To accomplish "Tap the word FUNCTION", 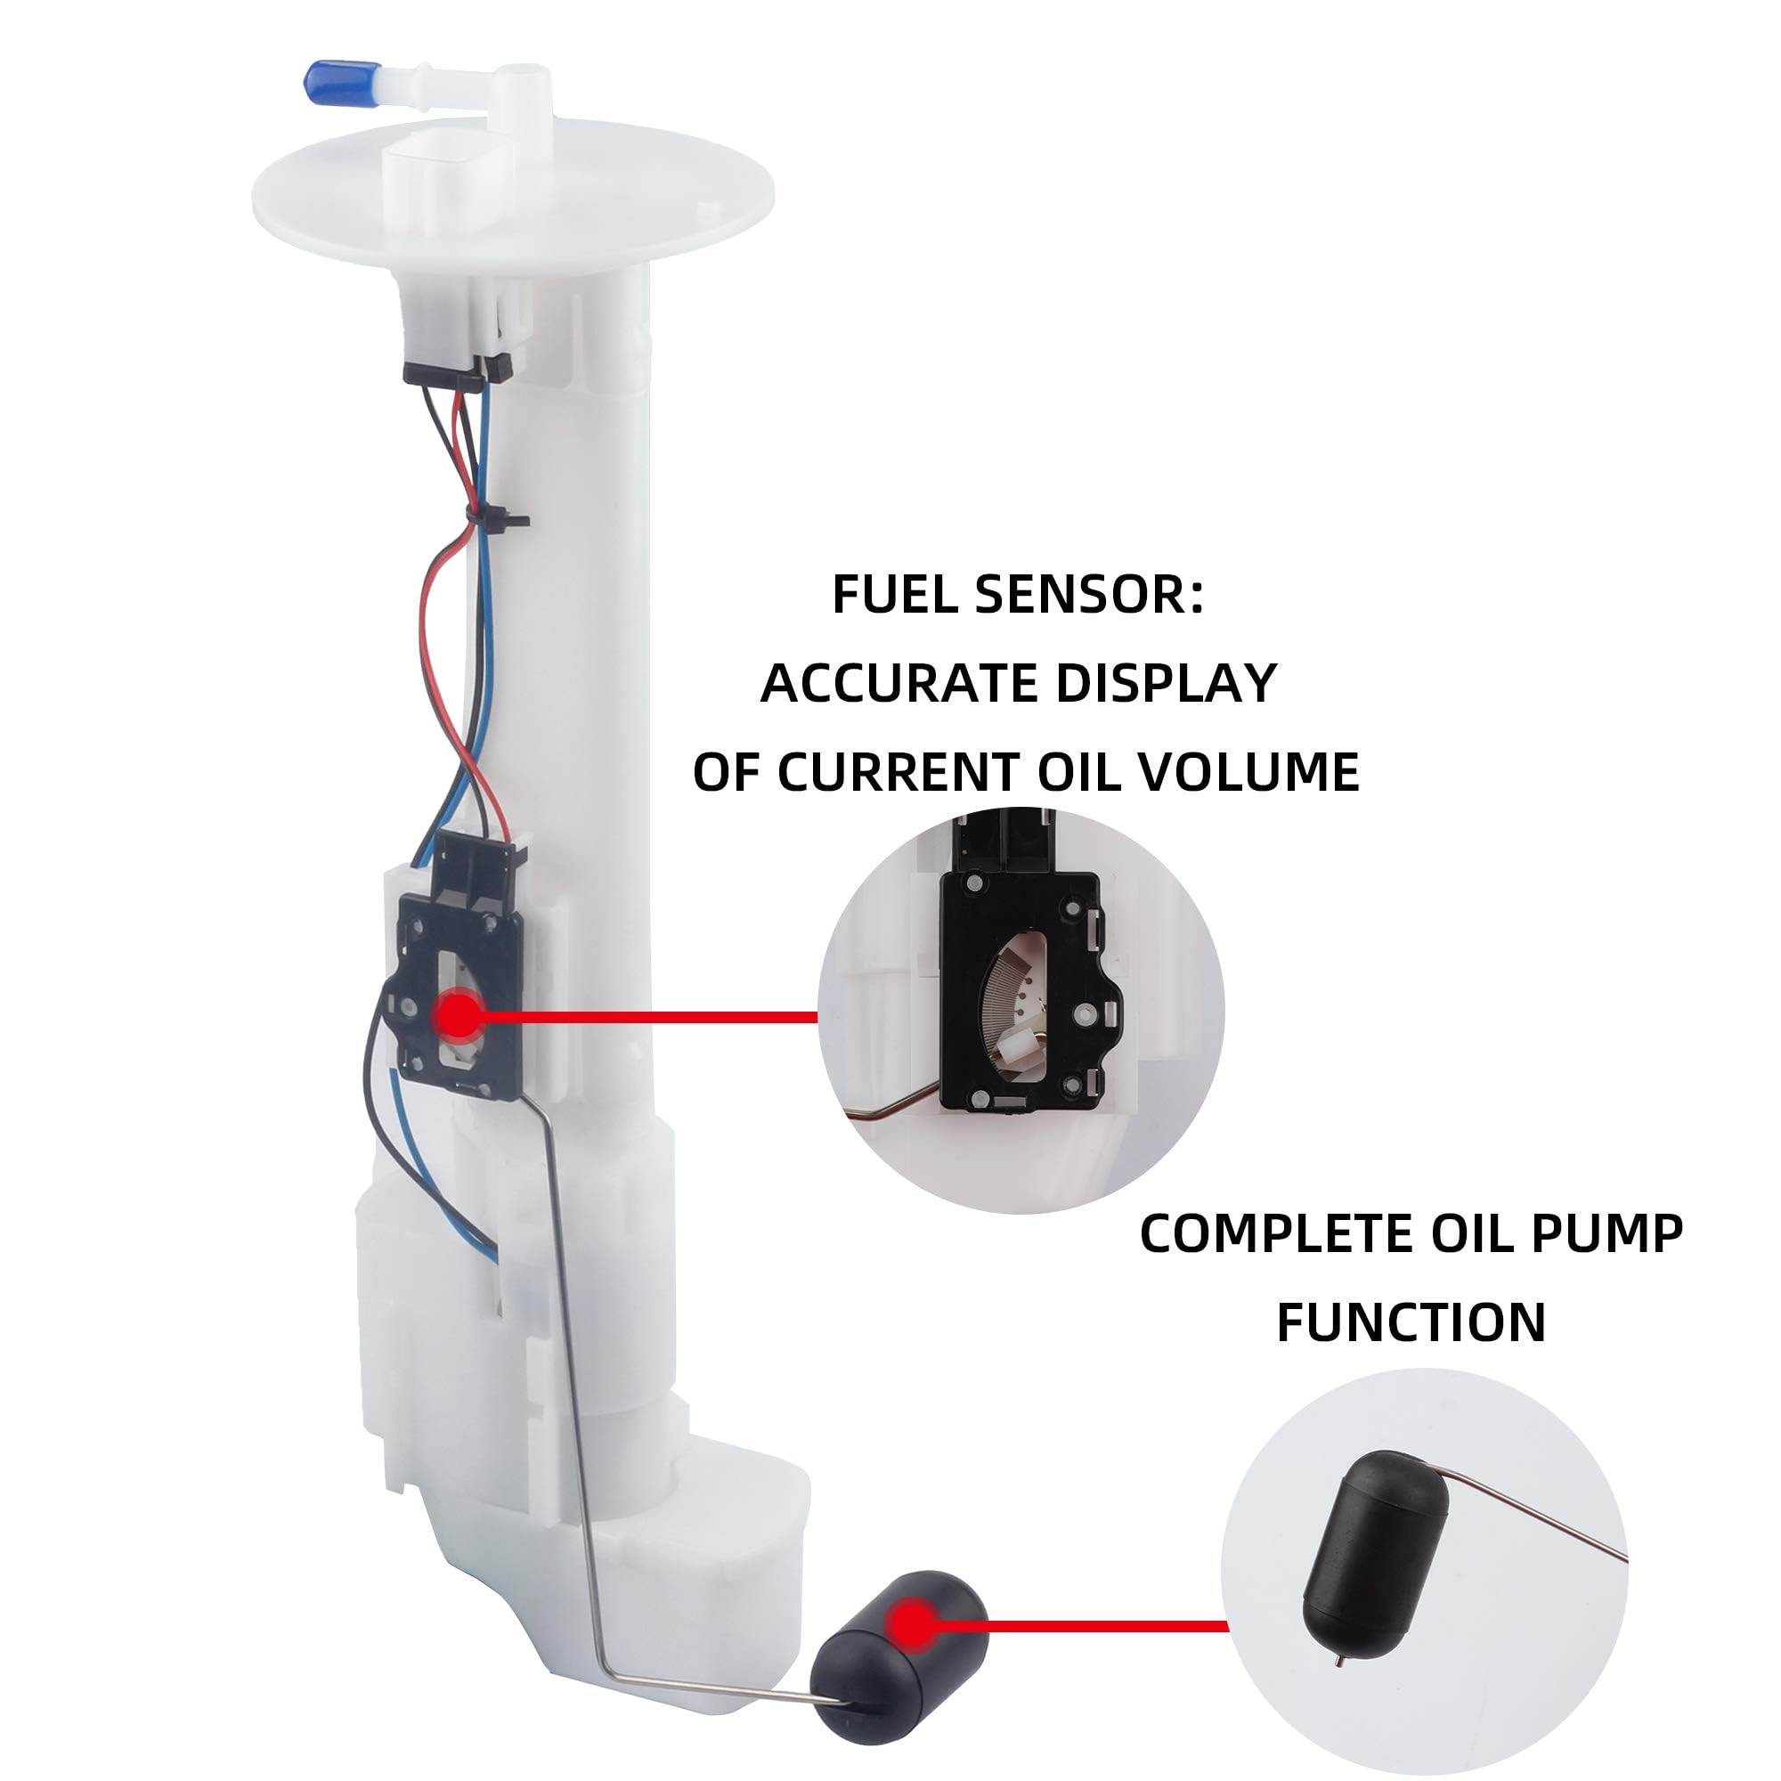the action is (x=1411, y=1324).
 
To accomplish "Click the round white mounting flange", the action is (x=514, y=199).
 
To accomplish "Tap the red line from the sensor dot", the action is (x=649, y=1018).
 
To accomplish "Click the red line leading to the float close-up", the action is (x=1083, y=1625).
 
